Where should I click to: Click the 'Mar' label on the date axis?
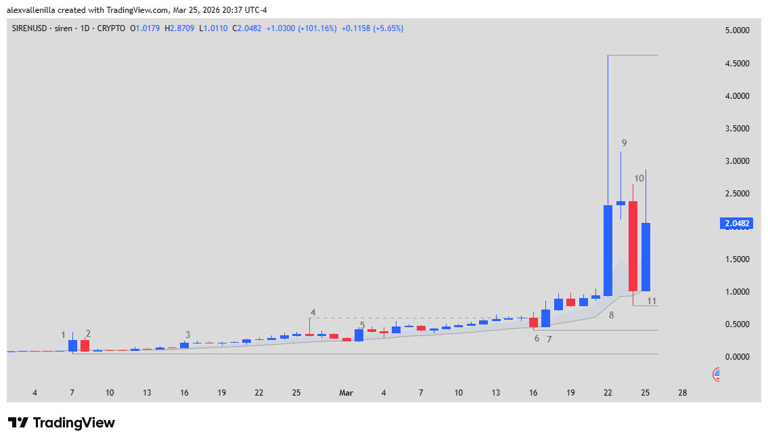coord(346,393)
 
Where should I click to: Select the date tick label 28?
coord(683,393)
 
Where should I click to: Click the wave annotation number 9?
coord(624,143)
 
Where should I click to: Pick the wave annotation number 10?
coord(638,178)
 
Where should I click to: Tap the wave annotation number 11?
coord(652,301)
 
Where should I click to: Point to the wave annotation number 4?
coord(313,312)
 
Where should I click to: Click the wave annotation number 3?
coord(187,335)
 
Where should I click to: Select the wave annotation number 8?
coord(611,315)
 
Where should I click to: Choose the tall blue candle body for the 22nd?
coord(608,251)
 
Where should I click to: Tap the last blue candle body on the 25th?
coord(646,257)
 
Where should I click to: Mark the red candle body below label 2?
coord(85,345)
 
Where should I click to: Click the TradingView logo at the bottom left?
coord(62,423)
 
